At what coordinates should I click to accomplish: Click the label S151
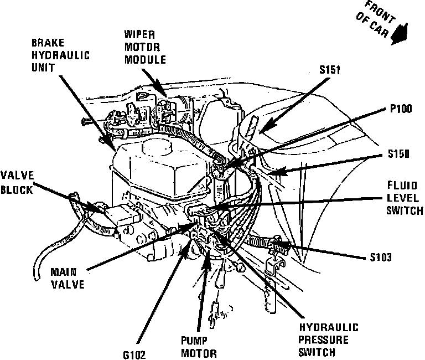pos(330,70)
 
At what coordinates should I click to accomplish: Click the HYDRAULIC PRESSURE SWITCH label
pos(328,339)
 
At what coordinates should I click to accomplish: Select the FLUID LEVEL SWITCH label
pos(405,198)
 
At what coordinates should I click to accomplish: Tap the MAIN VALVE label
pos(67,279)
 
